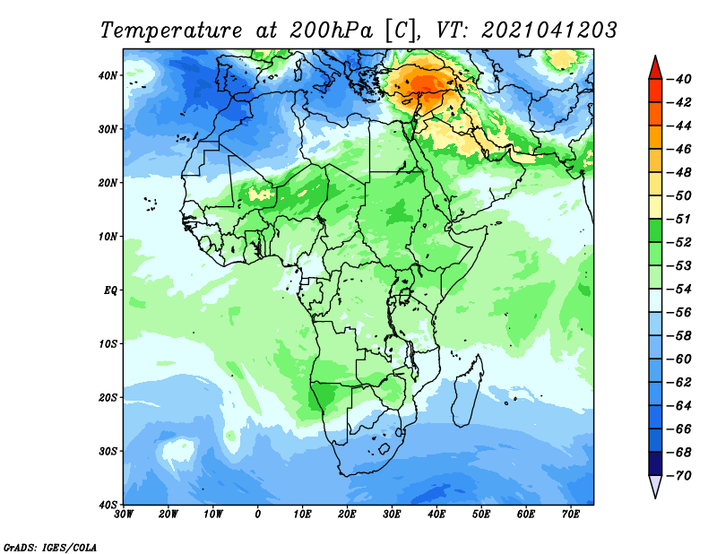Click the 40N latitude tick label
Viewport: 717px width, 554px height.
pyautogui.click(x=108, y=75)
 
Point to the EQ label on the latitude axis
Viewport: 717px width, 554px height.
pyautogui.click(x=110, y=290)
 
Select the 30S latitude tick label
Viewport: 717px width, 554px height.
pyautogui.click(x=108, y=452)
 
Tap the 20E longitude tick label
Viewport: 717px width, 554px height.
pyautogui.click(x=347, y=515)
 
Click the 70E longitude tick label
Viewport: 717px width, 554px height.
pyautogui.click(x=571, y=515)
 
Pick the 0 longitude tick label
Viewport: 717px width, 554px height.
pyautogui.click(x=258, y=515)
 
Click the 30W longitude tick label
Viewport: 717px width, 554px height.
pyautogui.click(x=124, y=515)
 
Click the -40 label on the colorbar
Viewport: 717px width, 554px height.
pyautogui.click(x=680, y=79)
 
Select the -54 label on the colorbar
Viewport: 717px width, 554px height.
pyautogui.click(x=680, y=290)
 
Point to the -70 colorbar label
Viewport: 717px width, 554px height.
pyautogui.click(x=680, y=476)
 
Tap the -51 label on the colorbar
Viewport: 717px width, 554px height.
pyautogui.click(x=680, y=219)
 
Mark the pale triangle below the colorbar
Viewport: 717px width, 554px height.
pyautogui.click(x=655, y=485)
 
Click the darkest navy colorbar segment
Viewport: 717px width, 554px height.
pyautogui.click(x=655, y=463)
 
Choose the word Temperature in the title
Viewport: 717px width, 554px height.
pyautogui.click(x=171, y=30)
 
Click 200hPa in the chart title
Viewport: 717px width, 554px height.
pyautogui.click(x=331, y=30)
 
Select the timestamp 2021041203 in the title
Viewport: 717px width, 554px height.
pyautogui.click(x=549, y=30)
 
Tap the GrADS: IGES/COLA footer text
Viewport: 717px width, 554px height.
pyautogui.click(x=50, y=548)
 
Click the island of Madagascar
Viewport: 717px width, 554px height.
pyautogui.click(x=468, y=391)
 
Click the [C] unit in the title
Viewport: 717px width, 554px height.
pyautogui.click(x=401, y=31)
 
